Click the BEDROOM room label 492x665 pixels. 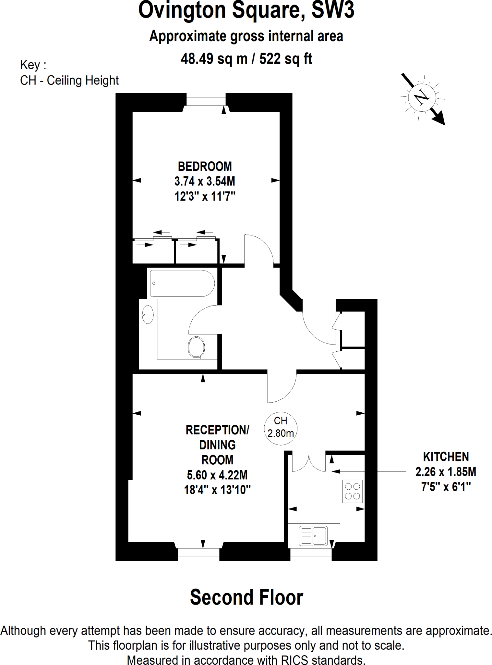point(205,167)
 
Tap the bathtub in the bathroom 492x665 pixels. point(182,283)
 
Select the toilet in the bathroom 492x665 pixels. point(196,347)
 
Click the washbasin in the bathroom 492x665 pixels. point(148,314)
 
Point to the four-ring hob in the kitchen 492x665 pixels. point(352,491)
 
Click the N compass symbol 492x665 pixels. point(422,96)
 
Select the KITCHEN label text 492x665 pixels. point(446,457)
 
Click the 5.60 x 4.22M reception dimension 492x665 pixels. point(217,475)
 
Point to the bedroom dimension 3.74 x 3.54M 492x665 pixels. point(205,181)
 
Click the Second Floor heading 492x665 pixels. point(246,597)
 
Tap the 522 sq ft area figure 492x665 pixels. point(285,59)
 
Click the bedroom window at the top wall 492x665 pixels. point(206,99)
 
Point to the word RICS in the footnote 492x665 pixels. point(296,660)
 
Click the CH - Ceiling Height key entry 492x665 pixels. point(69,81)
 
